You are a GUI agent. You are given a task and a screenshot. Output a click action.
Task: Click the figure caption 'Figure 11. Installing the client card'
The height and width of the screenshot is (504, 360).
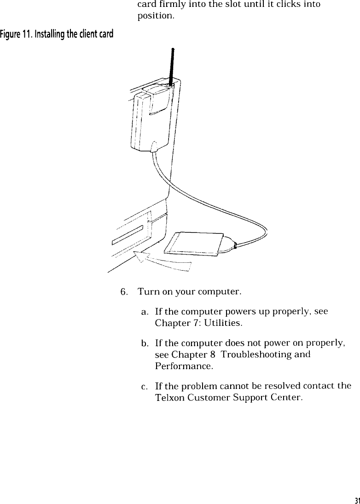[x=57, y=34]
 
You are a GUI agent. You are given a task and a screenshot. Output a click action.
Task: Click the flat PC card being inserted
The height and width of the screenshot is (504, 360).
[x=195, y=242]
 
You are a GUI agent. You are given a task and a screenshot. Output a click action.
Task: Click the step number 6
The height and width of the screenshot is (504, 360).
[x=123, y=292]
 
